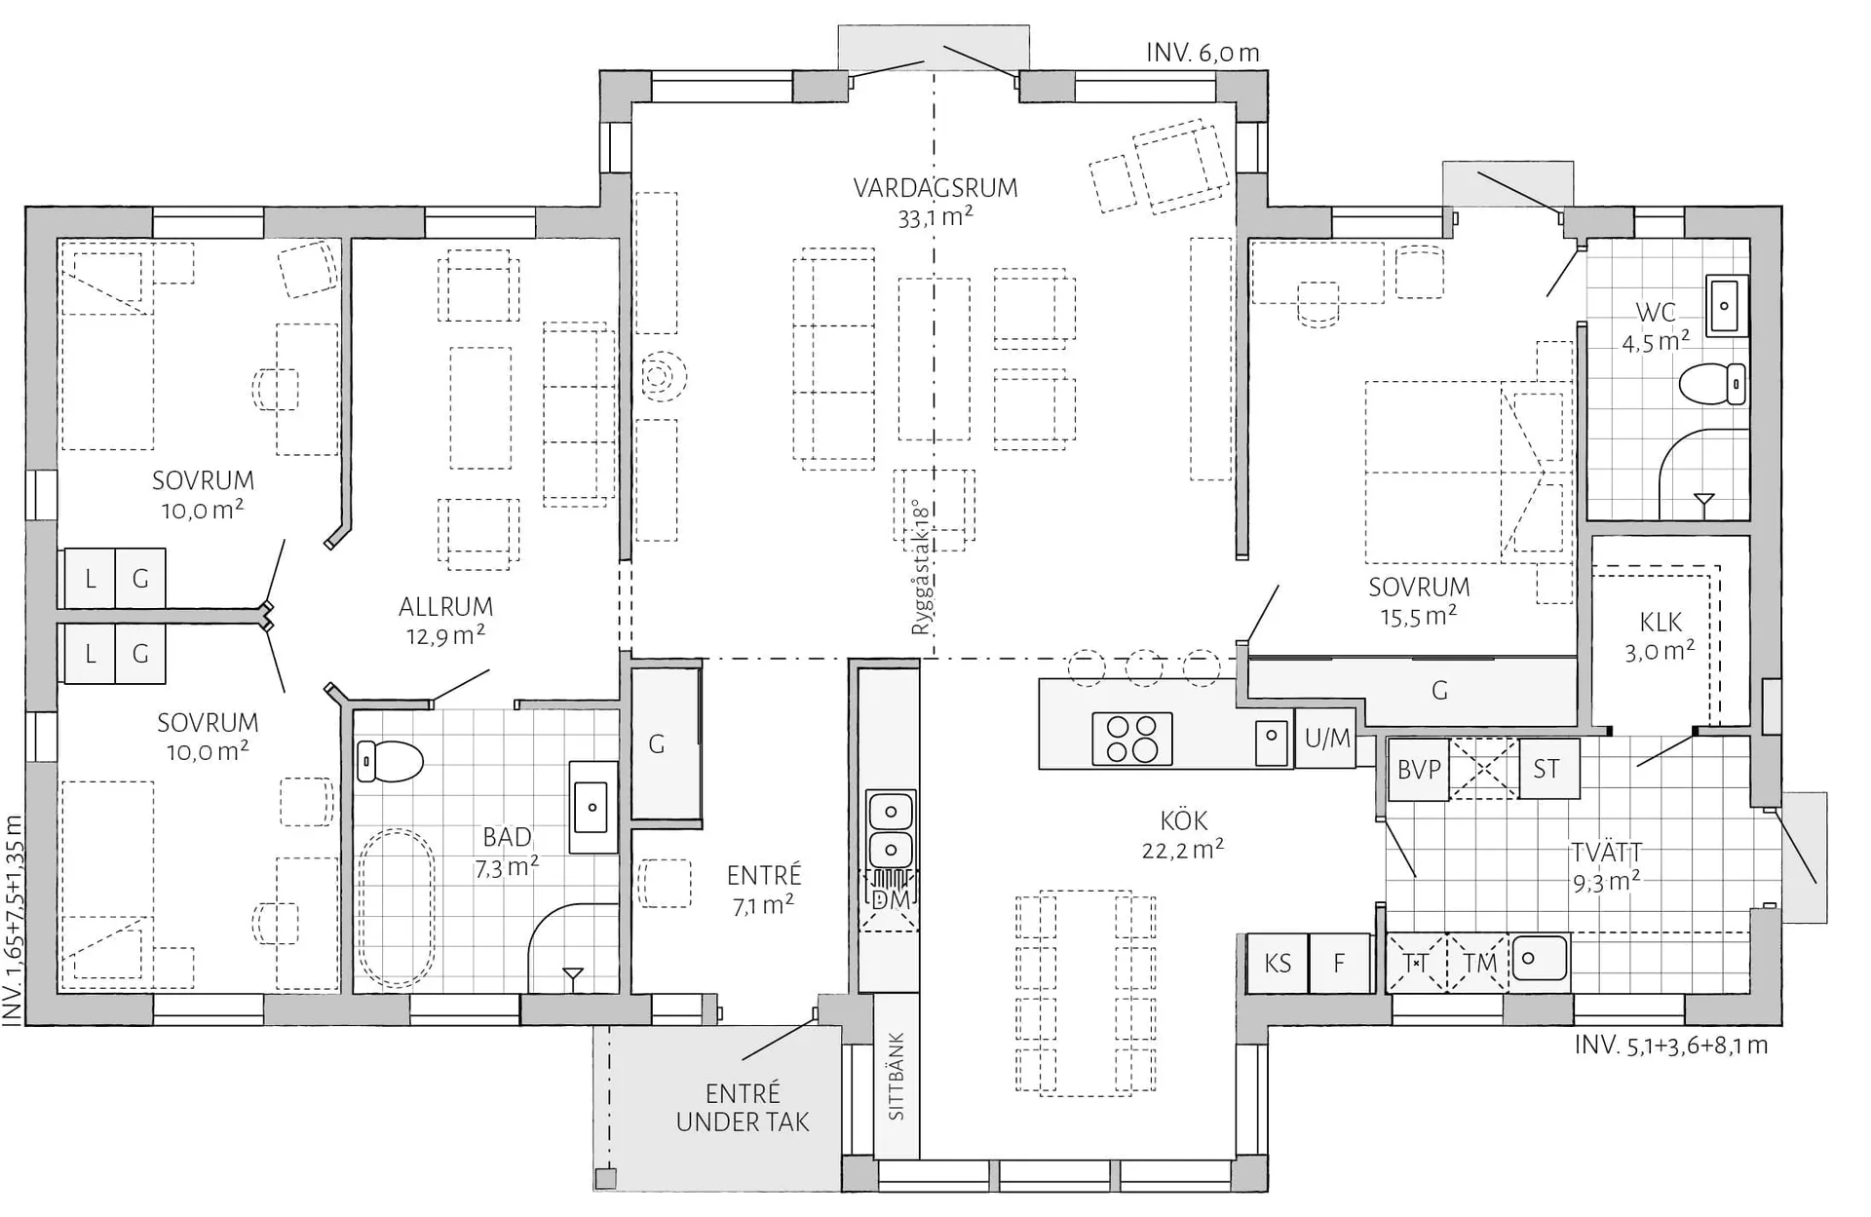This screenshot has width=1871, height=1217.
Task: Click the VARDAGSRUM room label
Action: tap(935, 187)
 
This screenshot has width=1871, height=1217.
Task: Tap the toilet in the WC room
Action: tap(1712, 383)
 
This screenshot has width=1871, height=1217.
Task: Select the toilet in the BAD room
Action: tap(390, 761)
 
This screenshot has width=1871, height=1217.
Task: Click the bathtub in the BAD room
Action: tap(397, 908)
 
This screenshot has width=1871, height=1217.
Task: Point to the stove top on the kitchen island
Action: tap(1131, 738)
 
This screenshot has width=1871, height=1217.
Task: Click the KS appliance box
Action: tap(1278, 964)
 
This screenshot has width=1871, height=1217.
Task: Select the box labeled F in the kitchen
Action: tap(1339, 964)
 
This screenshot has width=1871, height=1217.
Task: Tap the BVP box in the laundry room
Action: tap(1419, 769)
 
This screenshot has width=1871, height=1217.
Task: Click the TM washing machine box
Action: tap(1478, 964)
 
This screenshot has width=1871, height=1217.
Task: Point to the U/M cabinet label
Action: tap(1327, 739)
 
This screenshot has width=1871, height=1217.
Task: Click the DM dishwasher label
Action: tap(891, 899)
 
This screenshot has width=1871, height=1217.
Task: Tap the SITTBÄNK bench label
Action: tap(897, 1076)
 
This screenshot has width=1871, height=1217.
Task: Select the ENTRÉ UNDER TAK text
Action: tap(743, 1108)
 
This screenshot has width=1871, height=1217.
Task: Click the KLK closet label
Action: tap(1661, 622)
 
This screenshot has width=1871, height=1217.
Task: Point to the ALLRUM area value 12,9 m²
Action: tap(445, 636)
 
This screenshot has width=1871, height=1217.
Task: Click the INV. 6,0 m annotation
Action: tap(1203, 53)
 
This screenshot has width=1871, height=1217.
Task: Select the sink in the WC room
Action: tap(1727, 306)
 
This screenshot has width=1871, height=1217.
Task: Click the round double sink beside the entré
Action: tap(891, 828)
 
